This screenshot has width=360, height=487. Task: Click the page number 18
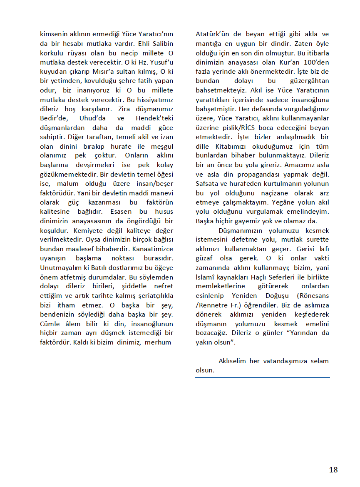pos(333,470)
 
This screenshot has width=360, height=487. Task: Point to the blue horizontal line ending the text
pos(262,377)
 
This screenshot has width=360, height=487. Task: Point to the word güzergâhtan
pos(308,81)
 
